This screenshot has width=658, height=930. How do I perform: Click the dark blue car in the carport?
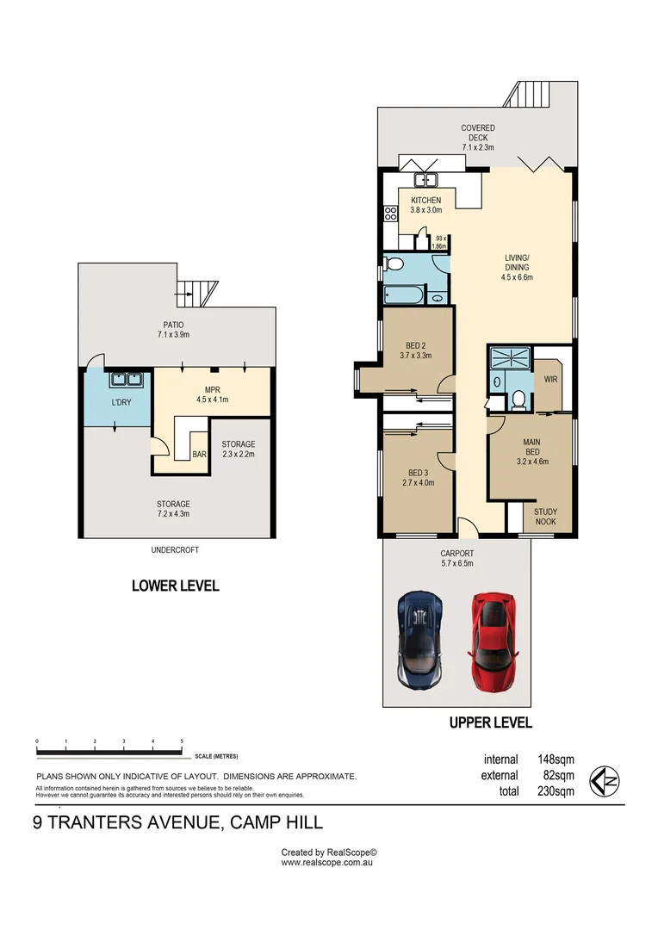tap(421, 638)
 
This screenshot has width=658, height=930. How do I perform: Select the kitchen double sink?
tap(425, 180)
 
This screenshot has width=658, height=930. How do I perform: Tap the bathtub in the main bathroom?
tap(403, 294)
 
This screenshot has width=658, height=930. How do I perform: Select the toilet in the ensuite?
tap(518, 398)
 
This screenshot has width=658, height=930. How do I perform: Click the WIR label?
tap(551, 379)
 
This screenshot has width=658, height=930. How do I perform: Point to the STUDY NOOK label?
tap(545, 517)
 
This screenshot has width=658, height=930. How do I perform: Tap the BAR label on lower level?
tap(199, 454)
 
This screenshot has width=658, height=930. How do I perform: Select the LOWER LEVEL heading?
tap(175, 586)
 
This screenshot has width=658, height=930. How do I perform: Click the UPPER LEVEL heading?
tap(490, 722)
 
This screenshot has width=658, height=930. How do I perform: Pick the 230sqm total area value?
tap(557, 791)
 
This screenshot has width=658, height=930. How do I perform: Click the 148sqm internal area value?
tap(557, 759)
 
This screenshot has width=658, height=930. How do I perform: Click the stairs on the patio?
tap(195, 294)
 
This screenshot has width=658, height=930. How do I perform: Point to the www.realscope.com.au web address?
tap(328, 862)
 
